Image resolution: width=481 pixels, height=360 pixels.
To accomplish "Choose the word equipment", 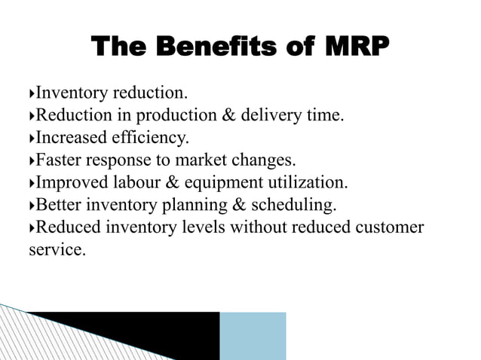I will [221, 183].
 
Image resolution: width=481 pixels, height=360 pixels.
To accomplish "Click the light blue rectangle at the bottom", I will [253, 335].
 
